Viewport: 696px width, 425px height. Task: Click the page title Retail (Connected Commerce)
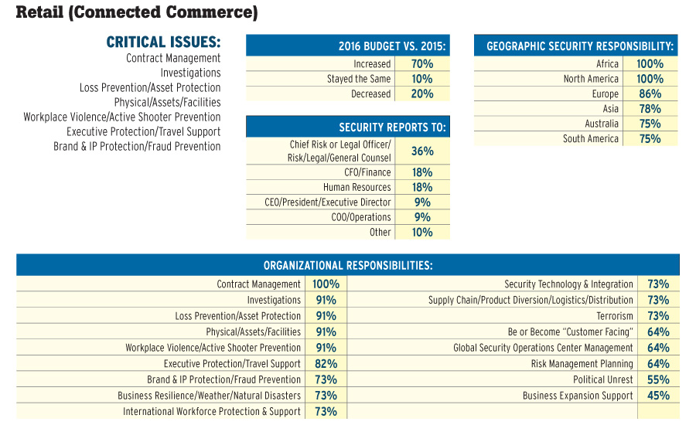pos(136,12)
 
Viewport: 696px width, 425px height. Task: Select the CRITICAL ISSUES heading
pos(163,42)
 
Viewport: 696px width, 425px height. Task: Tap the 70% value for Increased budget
pos(423,64)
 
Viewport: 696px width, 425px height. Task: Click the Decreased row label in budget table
pos(371,93)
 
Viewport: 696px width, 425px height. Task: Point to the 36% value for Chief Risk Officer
pos(423,151)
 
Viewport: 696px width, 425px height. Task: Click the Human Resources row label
pos(357,187)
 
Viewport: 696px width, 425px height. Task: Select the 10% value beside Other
pos(423,232)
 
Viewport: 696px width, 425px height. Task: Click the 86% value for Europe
pos(650,93)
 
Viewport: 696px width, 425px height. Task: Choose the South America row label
pos(591,139)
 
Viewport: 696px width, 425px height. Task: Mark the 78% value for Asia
pos(650,109)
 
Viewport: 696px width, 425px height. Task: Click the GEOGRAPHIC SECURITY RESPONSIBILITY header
pos(580,46)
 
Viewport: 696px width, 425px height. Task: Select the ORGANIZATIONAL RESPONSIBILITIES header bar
pos(348,265)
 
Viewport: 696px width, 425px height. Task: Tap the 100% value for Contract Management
pos(326,284)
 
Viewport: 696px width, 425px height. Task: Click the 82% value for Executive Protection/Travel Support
pos(326,363)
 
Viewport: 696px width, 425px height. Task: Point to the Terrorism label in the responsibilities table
pos(615,316)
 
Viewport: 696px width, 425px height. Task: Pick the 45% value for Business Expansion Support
pos(658,396)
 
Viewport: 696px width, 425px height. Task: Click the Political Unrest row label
pos(603,379)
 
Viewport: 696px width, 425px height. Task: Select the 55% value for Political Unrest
pos(658,379)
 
